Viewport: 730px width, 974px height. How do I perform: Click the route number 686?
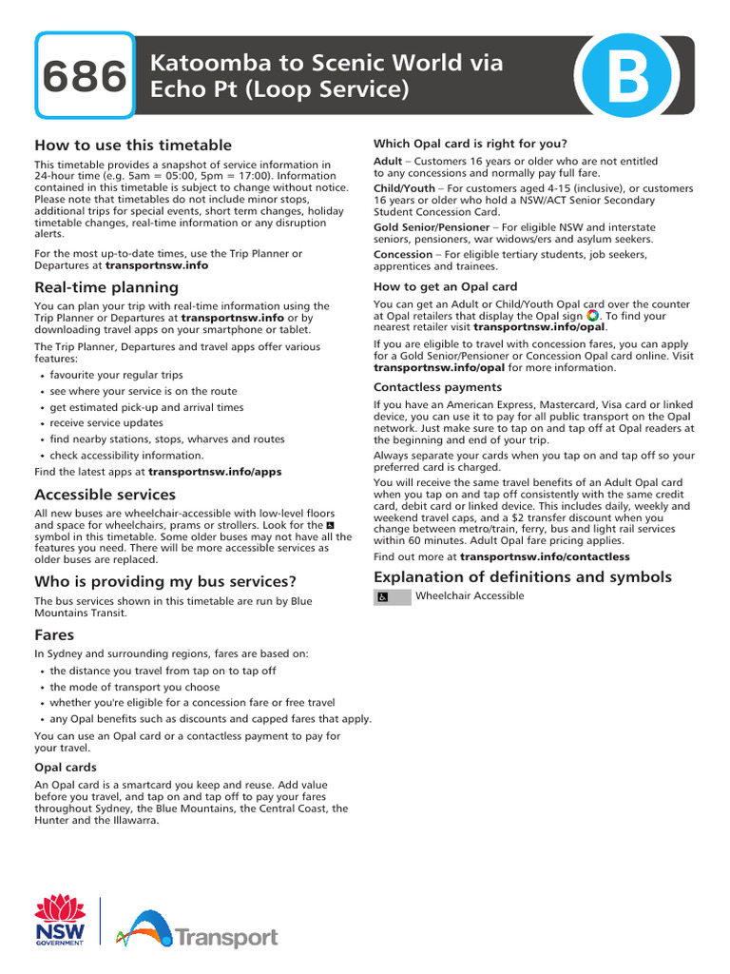coord(84,77)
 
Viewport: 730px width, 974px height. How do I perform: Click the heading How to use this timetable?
coord(133,146)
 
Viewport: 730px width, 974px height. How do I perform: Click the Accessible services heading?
coord(106,495)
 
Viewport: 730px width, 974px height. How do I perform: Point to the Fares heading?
coord(55,633)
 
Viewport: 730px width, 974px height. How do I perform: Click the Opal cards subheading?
coord(66,768)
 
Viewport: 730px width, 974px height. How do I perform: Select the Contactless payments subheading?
coord(437,388)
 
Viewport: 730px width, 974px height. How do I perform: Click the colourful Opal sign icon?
coord(593,316)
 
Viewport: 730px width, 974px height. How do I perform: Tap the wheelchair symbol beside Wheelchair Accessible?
coord(382,597)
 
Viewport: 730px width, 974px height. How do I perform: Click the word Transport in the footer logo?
coord(226,939)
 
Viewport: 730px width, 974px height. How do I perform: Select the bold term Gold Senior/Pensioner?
coord(432,228)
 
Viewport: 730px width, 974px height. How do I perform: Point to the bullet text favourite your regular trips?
coord(117,376)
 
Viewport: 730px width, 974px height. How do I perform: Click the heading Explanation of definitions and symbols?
coord(523,577)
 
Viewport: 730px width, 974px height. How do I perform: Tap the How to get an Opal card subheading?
coord(446,287)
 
